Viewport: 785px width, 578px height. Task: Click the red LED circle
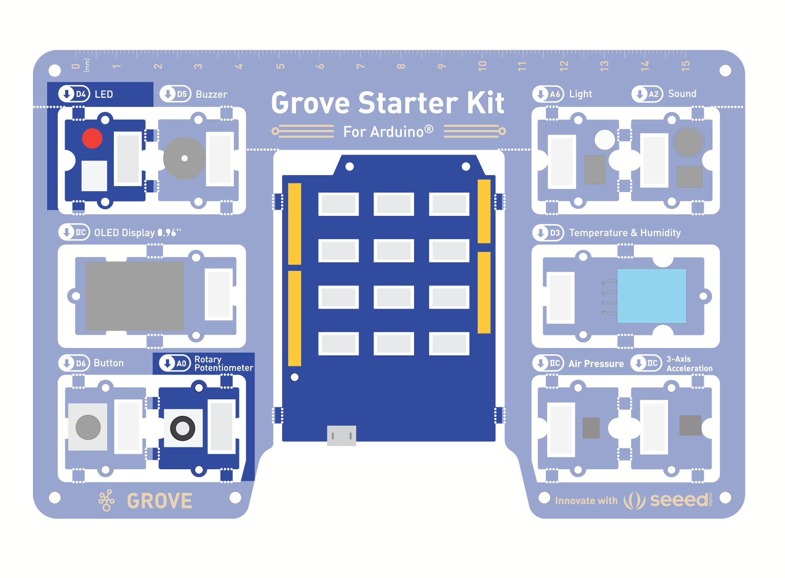(92, 138)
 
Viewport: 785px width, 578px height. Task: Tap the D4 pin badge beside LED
(74, 94)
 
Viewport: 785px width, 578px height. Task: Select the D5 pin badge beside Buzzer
(175, 94)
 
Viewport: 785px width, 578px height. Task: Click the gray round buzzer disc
(184, 158)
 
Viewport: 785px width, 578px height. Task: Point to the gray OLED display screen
(134, 296)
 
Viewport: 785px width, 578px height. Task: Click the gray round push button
(88, 427)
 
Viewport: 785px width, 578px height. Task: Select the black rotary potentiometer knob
(182, 428)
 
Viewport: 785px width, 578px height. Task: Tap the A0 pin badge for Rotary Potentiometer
(175, 363)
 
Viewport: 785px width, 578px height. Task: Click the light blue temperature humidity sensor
(651, 296)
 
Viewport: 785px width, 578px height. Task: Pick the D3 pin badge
(548, 233)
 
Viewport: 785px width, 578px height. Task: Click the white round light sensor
(604, 139)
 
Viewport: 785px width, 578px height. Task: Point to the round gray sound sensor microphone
(689, 142)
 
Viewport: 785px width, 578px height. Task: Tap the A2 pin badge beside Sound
(647, 94)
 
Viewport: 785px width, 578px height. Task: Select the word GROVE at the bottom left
(159, 501)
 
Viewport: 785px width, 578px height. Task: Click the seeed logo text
(679, 500)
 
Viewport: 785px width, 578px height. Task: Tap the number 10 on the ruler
(482, 66)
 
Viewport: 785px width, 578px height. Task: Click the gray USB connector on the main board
(341, 435)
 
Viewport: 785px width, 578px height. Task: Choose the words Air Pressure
(596, 364)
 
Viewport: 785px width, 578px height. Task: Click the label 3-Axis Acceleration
(689, 364)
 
